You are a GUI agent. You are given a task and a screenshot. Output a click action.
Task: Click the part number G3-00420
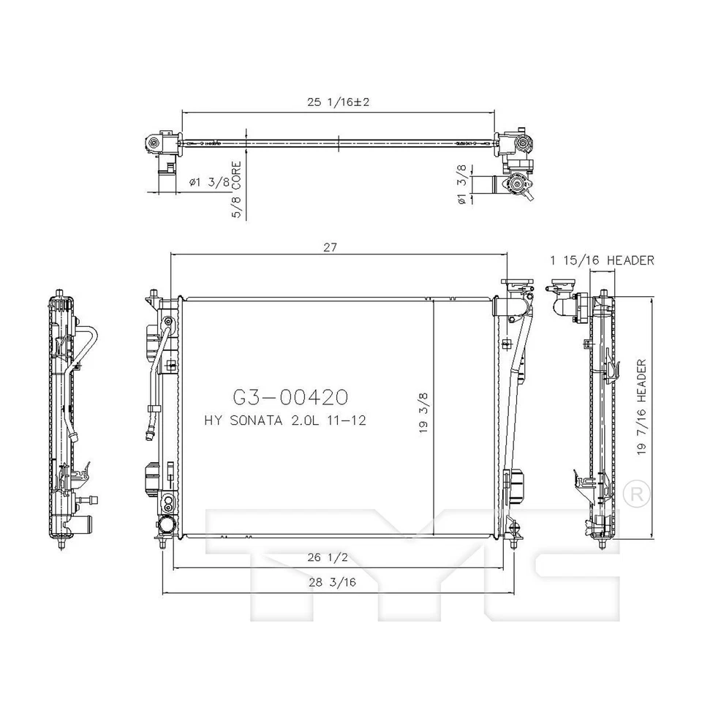[290, 397]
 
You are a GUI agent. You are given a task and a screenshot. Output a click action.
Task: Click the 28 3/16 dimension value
[331, 583]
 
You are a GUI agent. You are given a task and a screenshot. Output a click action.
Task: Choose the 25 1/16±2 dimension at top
[339, 102]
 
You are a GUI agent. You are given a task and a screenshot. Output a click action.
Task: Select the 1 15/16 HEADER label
[602, 260]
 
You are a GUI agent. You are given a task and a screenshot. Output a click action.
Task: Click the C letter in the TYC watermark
[570, 563]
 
